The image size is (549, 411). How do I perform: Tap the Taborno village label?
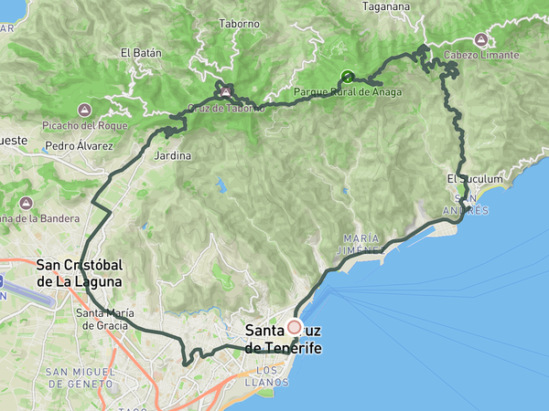[x=239, y=25]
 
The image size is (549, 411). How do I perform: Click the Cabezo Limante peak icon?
[x=481, y=40]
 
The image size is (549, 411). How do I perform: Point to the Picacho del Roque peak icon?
[x=88, y=108]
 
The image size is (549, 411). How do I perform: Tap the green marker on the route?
[x=347, y=77]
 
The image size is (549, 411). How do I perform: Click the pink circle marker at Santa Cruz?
[x=294, y=327]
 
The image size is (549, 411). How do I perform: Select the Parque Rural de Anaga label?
[x=347, y=91]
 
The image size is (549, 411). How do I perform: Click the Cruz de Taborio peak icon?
[x=224, y=92]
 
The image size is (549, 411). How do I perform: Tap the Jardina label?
[x=173, y=156]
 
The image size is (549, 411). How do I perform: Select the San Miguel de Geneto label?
[x=81, y=378]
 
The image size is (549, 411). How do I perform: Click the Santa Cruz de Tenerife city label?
[x=284, y=340]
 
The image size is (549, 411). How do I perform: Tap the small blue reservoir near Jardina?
[x=220, y=186]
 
